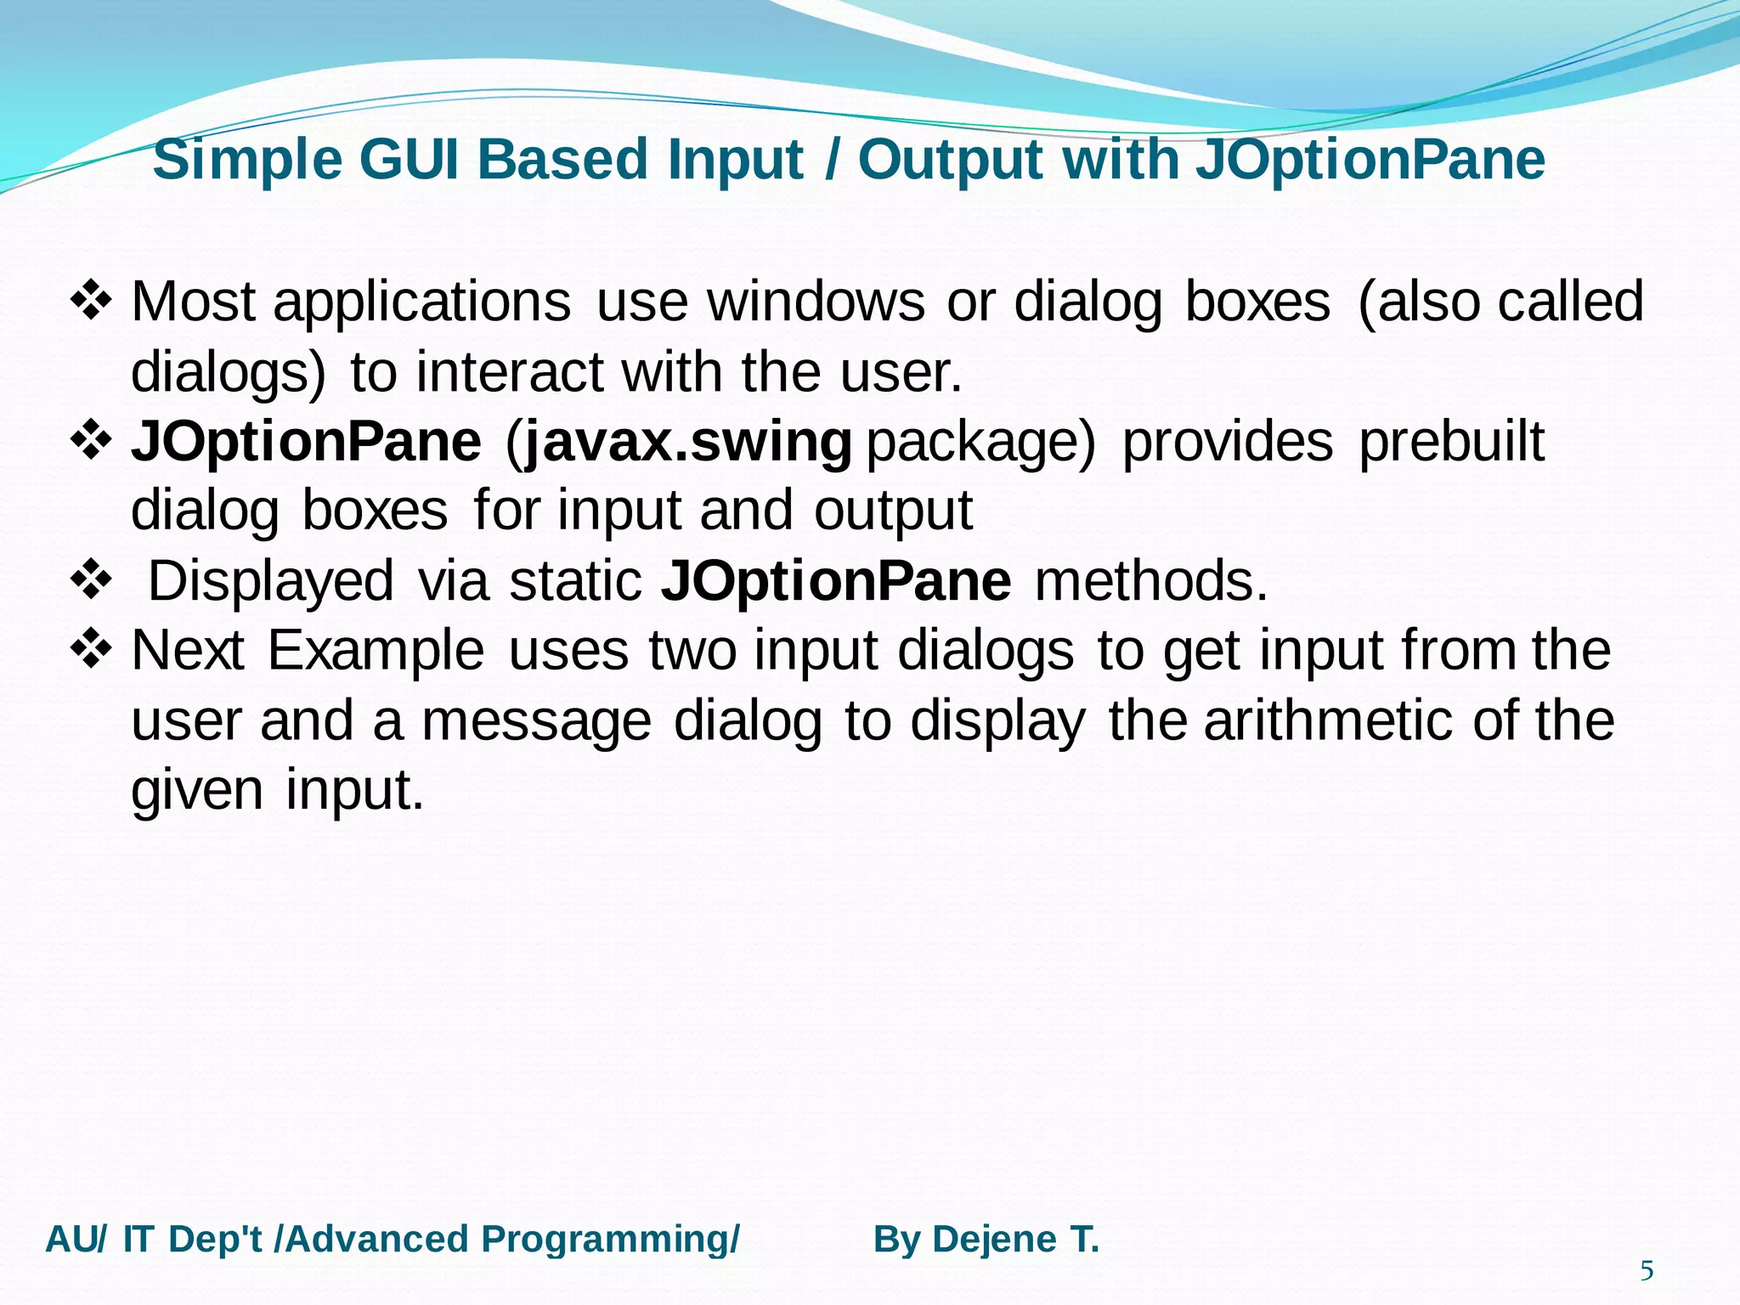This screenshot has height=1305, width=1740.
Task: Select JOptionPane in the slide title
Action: coord(1370,160)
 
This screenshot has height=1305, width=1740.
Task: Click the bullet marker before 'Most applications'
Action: coord(90,301)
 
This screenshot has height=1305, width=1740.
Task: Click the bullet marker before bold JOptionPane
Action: coord(90,441)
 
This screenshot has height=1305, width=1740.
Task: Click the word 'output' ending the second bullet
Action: coord(893,511)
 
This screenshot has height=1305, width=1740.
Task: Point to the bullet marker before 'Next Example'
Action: coord(90,650)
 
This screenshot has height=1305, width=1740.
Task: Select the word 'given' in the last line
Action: coord(197,792)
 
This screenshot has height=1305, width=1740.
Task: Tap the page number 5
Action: coord(1647,1271)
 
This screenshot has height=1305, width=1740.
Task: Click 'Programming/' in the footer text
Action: coord(610,1240)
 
